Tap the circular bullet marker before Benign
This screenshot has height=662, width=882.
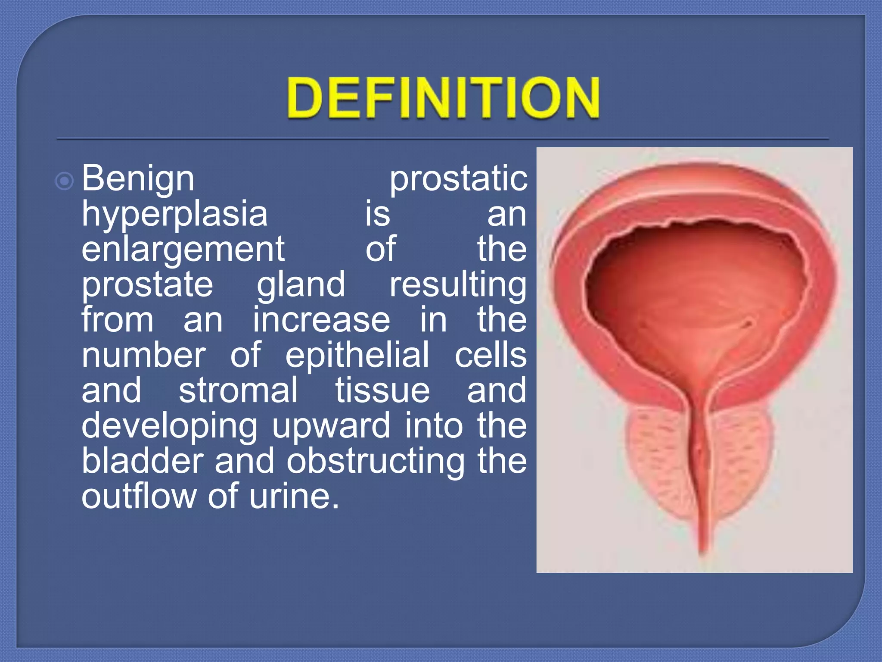pos(65,181)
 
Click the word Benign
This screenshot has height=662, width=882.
pos(138,179)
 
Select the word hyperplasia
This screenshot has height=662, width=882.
pos(174,215)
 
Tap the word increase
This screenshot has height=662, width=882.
pos(321,320)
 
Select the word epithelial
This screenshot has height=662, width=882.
pos(357,355)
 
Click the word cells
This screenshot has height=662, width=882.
pos(491,355)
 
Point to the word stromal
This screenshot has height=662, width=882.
pos(238,390)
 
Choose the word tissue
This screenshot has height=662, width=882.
pos(382,390)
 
